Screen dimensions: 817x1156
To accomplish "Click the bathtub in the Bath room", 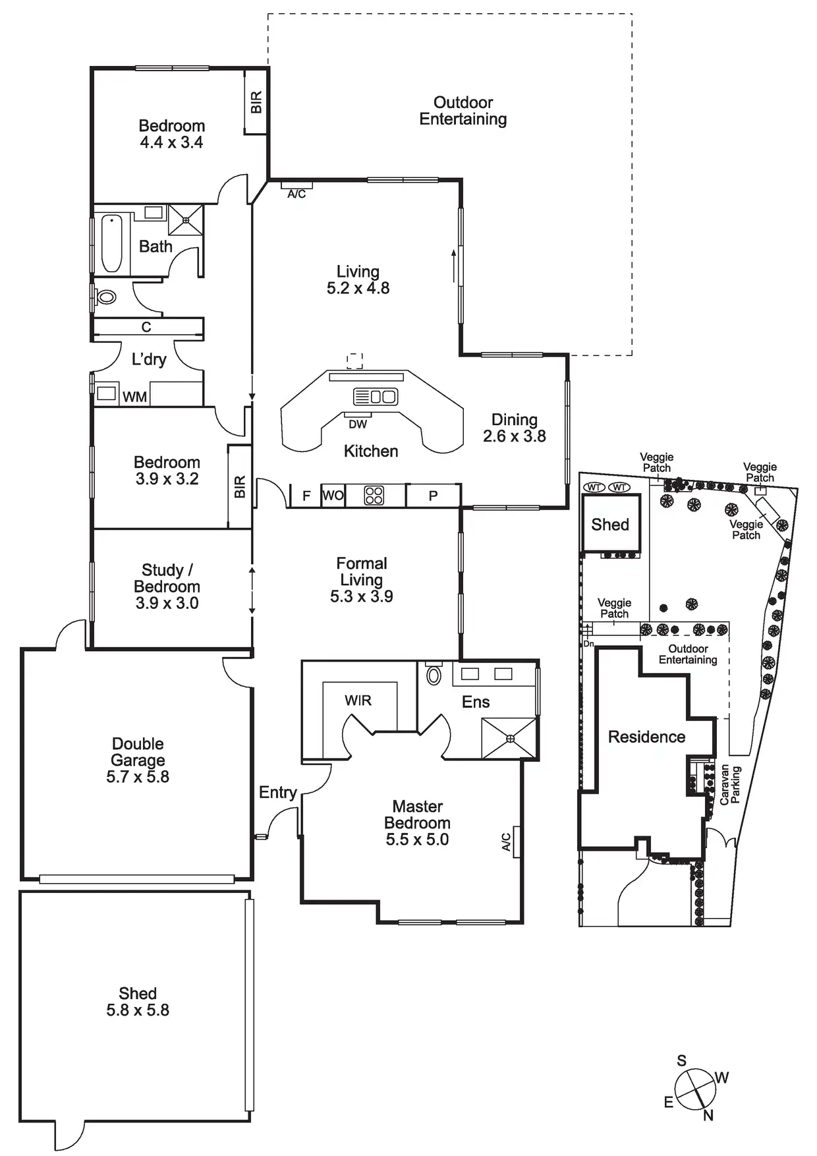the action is [111, 243].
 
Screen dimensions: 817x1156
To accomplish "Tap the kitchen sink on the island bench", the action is [375, 397].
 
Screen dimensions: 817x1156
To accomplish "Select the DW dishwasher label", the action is [358, 424].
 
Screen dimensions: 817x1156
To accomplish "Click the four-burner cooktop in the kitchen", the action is [374, 496].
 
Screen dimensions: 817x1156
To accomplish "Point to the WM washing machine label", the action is [134, 397].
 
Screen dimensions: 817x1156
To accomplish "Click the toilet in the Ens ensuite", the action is [434, 676].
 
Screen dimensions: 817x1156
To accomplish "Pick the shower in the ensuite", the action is [509, 738].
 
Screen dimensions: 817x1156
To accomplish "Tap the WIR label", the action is [358, 701].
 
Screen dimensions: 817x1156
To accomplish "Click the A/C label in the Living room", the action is [296, 194].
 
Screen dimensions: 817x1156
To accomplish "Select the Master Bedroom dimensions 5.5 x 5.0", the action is [417, 840].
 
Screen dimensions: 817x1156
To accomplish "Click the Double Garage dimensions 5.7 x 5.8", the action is [138, 777].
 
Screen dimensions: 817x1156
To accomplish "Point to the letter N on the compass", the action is [708, 1116].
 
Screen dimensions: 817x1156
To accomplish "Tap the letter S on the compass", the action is [682, 1061].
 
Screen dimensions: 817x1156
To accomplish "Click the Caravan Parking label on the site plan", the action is [730, 785].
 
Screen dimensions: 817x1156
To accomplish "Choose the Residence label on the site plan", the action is [646, 737].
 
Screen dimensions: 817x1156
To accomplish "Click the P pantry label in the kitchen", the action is [433, 496].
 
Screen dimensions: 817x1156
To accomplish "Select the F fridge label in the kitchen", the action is [306, 496].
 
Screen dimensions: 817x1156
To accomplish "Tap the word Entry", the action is [277, 792].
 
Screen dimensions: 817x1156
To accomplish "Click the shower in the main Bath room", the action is [185, 219].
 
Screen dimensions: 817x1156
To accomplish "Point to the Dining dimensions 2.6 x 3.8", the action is [514, 436].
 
